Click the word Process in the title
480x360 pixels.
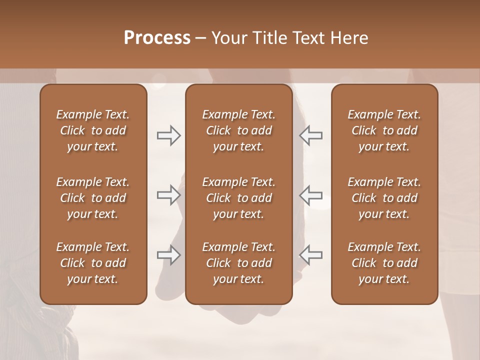(157, 38)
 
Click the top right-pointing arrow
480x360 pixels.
(168, 135)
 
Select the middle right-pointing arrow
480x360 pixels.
(168, 195)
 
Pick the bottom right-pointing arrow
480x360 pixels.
(168, 255)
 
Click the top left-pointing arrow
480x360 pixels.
(310, 135)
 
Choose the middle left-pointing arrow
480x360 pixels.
(310, 195)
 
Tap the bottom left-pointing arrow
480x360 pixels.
(310, 255)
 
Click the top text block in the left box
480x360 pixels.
(93, 130)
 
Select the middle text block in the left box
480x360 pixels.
(93, 198)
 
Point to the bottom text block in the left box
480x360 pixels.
(93, 263)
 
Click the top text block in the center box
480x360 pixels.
(238, 130)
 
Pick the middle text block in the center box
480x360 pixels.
(238, 198)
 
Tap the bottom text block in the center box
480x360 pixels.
(238, 263)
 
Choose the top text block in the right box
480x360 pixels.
(384, 130)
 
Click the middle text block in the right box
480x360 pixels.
(384, 198)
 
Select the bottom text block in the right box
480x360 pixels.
(384, 263)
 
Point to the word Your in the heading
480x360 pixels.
(228, 38)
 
